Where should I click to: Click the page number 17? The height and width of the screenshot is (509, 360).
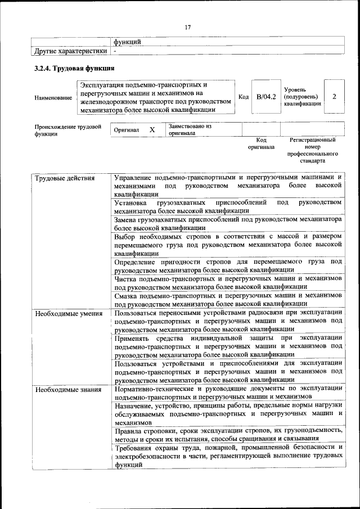187,27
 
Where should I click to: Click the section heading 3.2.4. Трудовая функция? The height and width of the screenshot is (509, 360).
74,69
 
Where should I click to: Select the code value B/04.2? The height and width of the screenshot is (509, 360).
266,97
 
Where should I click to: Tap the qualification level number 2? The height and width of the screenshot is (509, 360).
334,97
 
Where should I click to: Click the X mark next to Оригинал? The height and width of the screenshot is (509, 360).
152,130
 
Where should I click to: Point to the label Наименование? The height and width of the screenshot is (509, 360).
53,98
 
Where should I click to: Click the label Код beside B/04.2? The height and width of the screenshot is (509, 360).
244,97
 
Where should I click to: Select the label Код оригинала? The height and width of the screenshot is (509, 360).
261,143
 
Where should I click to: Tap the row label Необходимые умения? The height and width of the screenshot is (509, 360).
68,313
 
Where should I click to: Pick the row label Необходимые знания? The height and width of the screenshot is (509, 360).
67,389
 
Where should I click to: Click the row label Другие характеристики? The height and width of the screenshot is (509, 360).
70,51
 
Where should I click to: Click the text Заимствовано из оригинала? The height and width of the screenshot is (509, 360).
189,130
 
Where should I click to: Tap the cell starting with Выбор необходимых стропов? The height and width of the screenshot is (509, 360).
228,245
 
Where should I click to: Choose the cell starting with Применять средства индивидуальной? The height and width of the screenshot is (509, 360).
228,346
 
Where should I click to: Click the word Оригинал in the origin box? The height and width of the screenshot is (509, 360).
126,130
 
